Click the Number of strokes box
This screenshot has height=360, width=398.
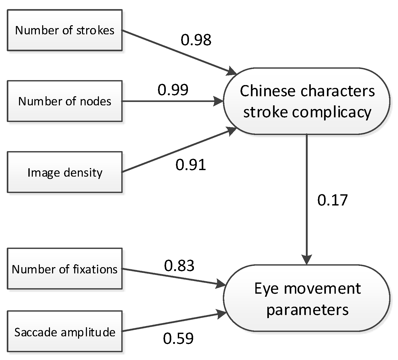click(65, 30)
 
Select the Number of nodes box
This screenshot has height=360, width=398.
click(65, 101)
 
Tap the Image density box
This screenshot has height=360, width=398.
click(65, 172)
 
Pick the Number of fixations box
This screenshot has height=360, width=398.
click(65, 269)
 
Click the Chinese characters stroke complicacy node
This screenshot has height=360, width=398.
click(306, 101)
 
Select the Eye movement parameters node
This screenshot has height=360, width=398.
click(306, 298)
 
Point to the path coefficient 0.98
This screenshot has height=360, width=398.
click(196, 40)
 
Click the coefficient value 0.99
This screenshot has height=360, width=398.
click(173, 90)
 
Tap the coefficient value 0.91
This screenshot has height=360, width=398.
click(191, 165)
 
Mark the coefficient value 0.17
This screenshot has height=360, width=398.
click(332, 200)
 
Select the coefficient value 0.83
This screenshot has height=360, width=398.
click(179, 266)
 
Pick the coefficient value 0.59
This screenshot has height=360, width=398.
click(178, 338)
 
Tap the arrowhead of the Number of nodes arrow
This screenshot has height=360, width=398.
click(218, 101)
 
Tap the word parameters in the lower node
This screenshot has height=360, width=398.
click(307, 310)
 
